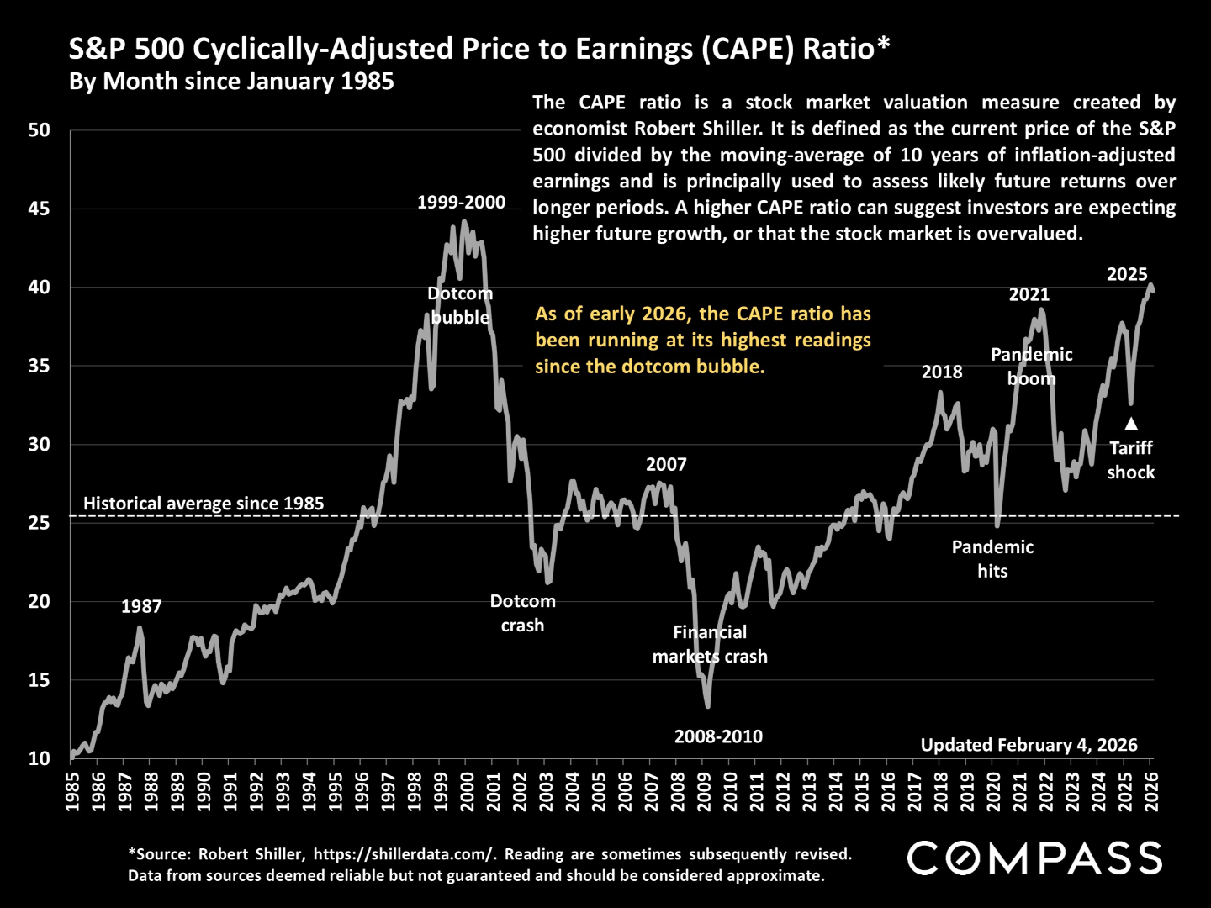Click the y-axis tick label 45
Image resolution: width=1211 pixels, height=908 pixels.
point(40,209)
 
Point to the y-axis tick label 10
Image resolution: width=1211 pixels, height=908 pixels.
point(40,758)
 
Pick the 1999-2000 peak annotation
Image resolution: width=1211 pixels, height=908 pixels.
point(461,203)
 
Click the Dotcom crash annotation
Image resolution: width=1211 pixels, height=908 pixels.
point(522,613)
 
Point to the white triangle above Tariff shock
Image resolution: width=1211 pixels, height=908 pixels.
point(1131,424)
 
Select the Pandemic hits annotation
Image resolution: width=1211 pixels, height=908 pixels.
point(992,558)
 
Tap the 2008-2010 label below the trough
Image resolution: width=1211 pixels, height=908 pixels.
point(718,736)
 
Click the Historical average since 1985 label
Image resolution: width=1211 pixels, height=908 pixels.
point(204,504)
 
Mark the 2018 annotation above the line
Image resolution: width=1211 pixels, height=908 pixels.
point(942,372)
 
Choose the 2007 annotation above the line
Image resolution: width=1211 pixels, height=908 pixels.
point(666,464)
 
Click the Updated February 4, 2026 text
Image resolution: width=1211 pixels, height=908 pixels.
point(1029,745)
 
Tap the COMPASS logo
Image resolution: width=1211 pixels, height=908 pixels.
point(1034,858)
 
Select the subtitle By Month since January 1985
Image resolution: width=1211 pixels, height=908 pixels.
point(231,82)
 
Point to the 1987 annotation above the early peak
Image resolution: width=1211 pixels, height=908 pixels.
point(141,606)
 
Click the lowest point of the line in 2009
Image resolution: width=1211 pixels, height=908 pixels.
point(708,705)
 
